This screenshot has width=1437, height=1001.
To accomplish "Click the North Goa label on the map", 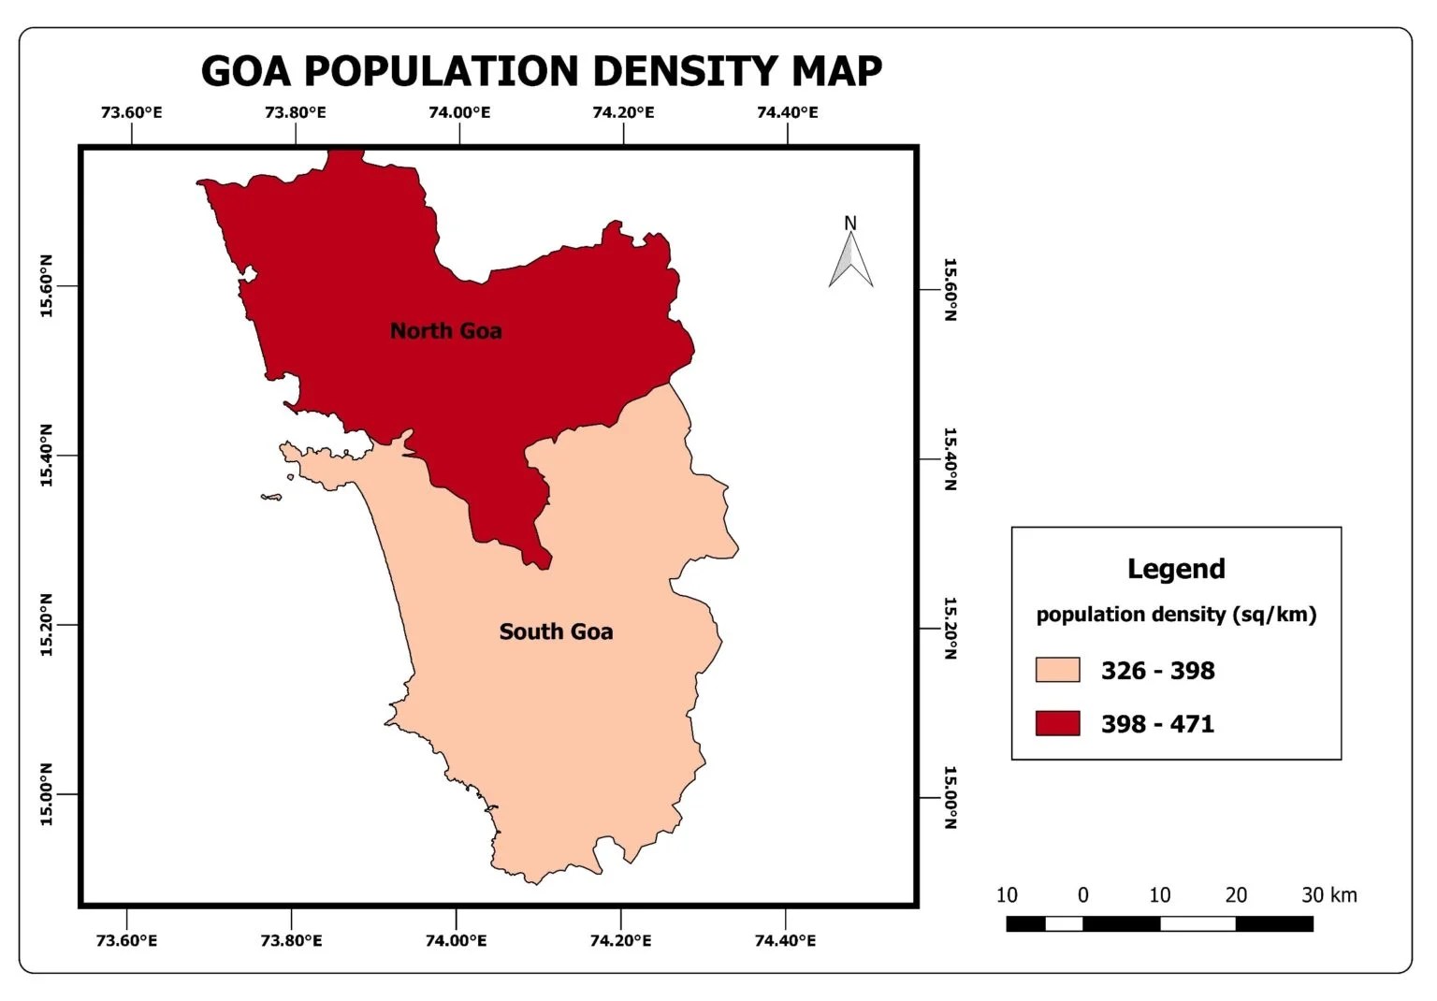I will [445, 331].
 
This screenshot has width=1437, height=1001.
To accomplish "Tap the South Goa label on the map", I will [556, 632].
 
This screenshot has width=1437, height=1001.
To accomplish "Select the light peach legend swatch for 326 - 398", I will [1057, 670].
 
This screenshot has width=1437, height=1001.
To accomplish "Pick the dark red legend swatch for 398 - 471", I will [1057, 723].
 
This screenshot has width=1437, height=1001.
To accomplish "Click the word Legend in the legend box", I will [1176, 569].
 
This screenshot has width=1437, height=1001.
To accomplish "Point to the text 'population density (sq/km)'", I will [1176, 615].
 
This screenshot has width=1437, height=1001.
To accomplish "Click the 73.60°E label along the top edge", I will [131, 113].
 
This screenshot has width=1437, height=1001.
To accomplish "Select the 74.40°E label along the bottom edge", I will [785, 940].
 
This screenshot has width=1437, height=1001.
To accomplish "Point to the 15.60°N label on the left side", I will [46, 285].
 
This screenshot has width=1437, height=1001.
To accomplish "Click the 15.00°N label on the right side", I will [950, 797].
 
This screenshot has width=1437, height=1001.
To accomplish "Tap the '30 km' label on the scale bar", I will [1328, 895].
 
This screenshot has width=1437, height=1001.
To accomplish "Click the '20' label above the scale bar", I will [1236, 895].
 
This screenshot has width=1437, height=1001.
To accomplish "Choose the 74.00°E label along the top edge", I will [459, 113].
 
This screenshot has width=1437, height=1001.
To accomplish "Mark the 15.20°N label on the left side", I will [46, 624].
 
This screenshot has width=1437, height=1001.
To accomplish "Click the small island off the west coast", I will [271, 497].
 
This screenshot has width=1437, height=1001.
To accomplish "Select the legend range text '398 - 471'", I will [1157, 724].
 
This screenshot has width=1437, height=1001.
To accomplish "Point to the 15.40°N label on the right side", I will [950, 458].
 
